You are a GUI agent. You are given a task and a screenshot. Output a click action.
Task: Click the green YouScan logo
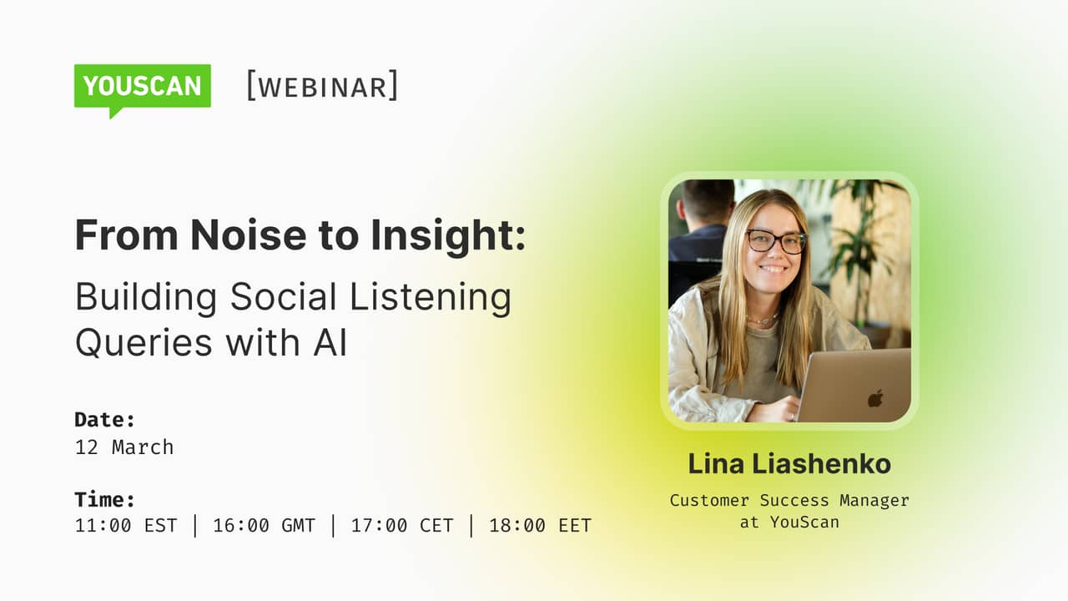[143, 86]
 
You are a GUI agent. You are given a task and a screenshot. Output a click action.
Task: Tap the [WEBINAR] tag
[322, 86]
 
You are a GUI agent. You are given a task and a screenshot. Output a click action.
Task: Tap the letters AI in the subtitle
[330, 342]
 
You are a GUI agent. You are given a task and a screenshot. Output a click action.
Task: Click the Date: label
[105, 419]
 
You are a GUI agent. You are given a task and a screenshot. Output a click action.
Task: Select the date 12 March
[124, 447]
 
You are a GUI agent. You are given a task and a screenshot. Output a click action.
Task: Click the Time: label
[105, 499]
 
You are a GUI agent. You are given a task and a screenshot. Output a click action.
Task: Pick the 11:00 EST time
[126, 525]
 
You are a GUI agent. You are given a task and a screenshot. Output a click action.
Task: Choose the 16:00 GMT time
[264, 525]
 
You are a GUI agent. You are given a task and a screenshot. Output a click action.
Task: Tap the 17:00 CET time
[402, 525]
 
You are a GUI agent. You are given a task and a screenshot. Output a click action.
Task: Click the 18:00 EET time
[540, 525]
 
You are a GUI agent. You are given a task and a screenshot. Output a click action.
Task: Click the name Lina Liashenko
[789, 464]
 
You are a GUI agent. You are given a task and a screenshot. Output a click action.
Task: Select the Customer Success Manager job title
[789, 500]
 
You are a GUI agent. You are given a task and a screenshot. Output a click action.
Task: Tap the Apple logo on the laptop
[875, 398]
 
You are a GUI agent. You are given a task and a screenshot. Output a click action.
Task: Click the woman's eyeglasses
[776, 241]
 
